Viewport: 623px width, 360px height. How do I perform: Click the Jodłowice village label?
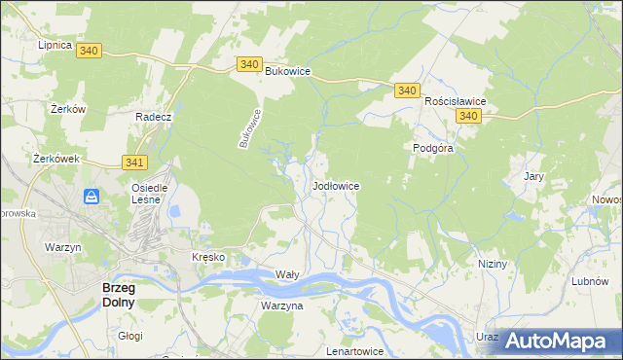pyautogui.click(x=337, y=185)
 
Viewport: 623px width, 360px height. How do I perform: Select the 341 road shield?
pyautogui.click(x=135, y=162)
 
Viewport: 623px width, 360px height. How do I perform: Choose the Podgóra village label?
pyautogui.click(x=430, y=148)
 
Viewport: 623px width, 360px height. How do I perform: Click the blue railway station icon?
pyautogui.click(x=92, y=197)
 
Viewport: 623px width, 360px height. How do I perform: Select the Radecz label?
pyautogui.click(x=154, y=117)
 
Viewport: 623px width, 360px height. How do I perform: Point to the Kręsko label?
pyautogui.click(x=208, y=257)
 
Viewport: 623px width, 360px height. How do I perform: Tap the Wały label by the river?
pyautogui.click(x=287, y=275)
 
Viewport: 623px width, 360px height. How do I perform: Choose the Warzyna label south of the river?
pyautogui.click(x=282, y=306)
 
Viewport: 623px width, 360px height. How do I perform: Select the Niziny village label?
pyautogui.click(x=494, y=264)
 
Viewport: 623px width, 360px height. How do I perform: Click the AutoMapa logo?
pyautogui.click(x=554, y=339)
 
